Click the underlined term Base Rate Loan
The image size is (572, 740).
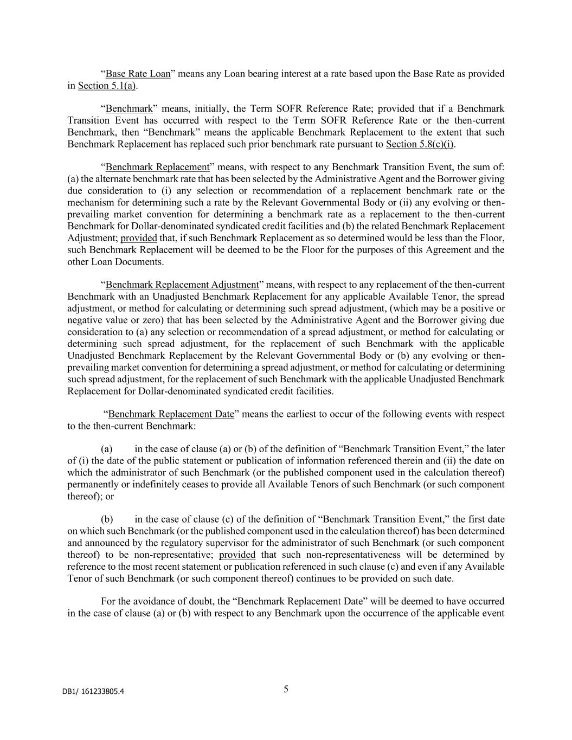138,74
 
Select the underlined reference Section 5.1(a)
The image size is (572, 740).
107,86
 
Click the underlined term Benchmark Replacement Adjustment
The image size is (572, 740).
182,285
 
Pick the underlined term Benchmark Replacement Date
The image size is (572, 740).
171,414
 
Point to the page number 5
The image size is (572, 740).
286,689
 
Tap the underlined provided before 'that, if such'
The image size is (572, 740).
139,238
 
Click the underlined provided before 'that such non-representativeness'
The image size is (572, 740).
237,555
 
